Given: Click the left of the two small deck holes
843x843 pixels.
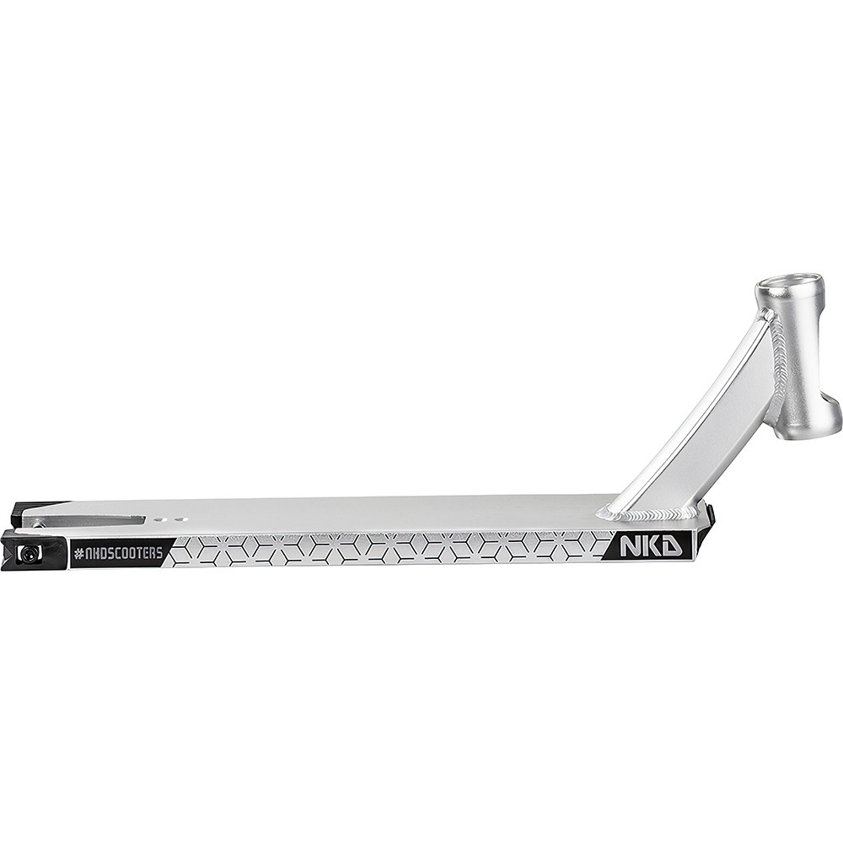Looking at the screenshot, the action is point(158,520).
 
